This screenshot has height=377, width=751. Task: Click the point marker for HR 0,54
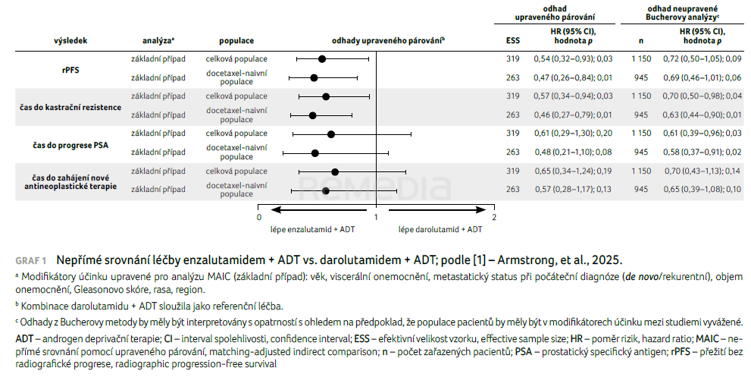(322, 58)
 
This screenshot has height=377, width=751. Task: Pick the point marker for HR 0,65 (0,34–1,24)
(335, 171)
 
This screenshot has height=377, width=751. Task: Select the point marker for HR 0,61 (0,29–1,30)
(330, 134)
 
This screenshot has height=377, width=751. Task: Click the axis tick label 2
(493, 217)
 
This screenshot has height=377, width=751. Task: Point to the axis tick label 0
(259, 217)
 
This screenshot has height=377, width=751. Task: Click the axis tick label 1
(376, 217)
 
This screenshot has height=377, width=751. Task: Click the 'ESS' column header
(512, 40)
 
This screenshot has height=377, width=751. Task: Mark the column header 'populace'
(236, 40)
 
